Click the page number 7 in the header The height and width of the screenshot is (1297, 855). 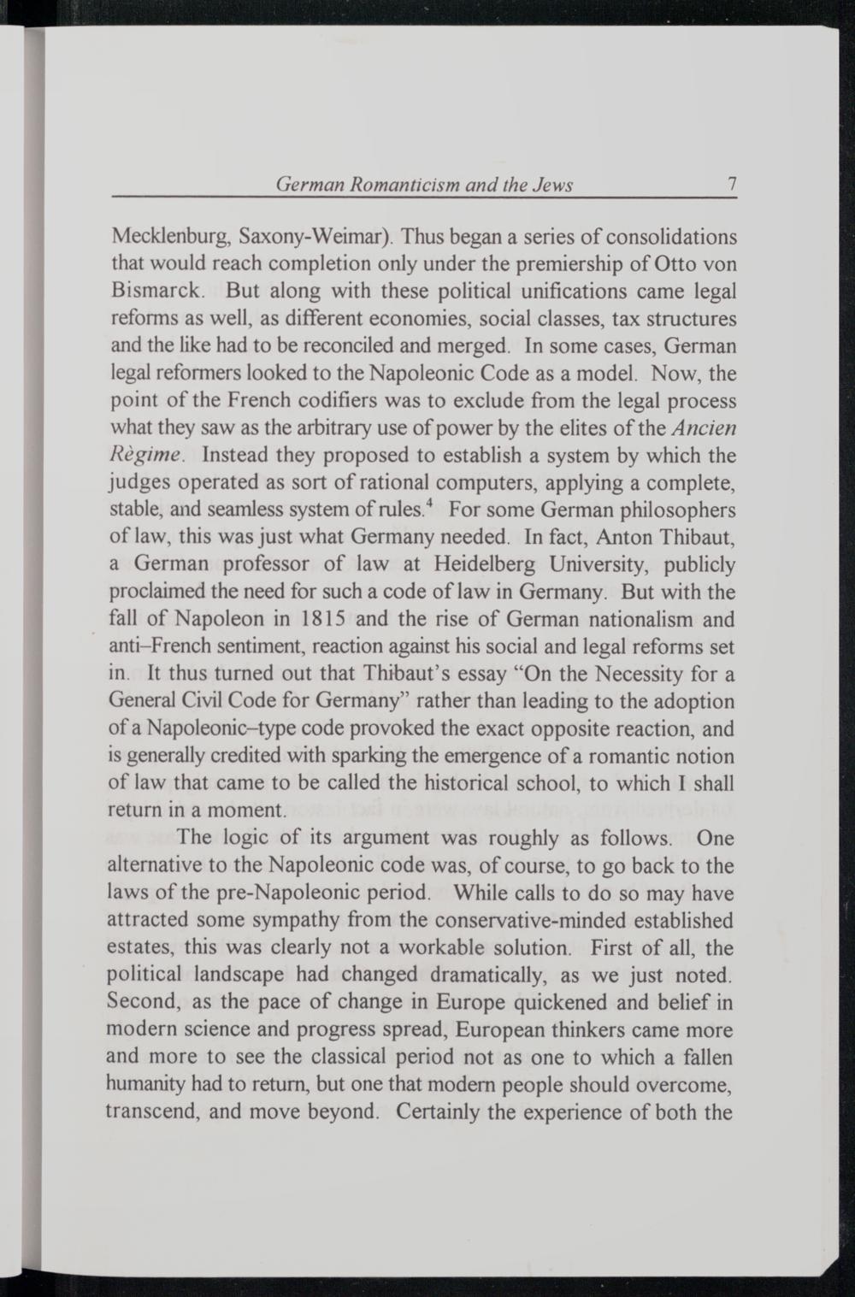(732, 184)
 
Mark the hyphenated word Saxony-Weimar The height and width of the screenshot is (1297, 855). (313, 236)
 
